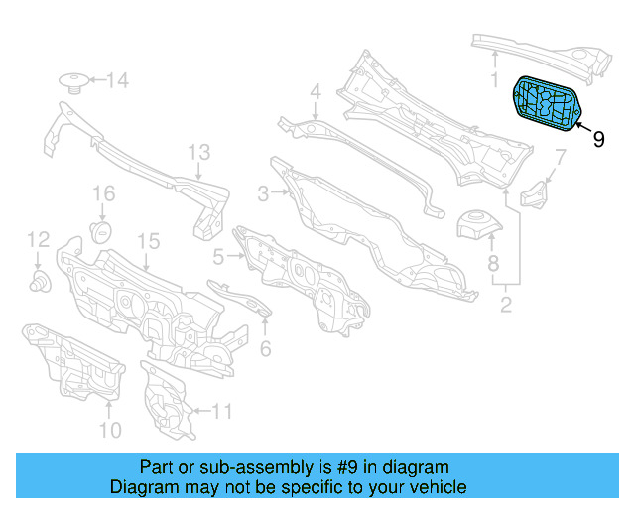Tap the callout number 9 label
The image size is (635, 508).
pyautogui.click(x=598, y=140)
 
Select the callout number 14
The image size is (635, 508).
pyautogui.click(x=118, y=80)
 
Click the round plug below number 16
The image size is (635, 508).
pyautogui.click(x=99, y=231)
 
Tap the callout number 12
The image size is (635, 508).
pyautogui.click(x=38, y=239)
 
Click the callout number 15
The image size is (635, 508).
pyautogui.click(x=148, y=241)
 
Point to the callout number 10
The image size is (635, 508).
pyautogui.click(x=109, y=430)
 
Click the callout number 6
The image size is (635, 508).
pyautogui.click(x=265, y=348)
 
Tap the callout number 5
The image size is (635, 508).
pyautogui.click(x=218, y=256)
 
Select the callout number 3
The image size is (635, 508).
pyautogui.click(x=263, y=194)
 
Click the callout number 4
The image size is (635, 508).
pyautogui.click(x=315, y=92)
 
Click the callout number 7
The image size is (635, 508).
pyautogui.click(x=560, y=156)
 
